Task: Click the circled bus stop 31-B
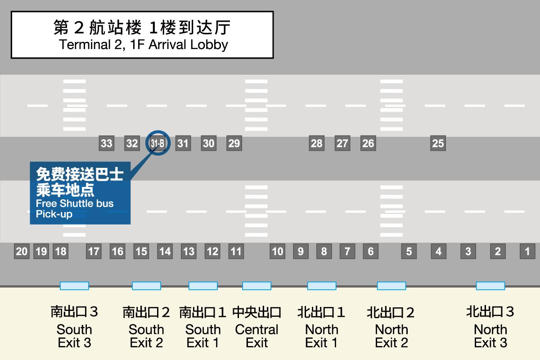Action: coord(157,143)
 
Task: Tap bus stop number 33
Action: coord(107,143)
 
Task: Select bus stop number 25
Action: coord(438,143)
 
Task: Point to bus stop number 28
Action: coord(316,143)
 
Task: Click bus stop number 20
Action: coord(22,251)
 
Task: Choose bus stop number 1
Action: coord(527,251)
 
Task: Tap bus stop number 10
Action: coord(278,251)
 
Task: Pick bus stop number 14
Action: coord(165,251)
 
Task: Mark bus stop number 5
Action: coord(409,251)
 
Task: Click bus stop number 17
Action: coord(94,251)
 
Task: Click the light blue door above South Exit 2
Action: coord(146,286)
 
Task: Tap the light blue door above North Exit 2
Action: coord(391,286)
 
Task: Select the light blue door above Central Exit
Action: coord(257,286)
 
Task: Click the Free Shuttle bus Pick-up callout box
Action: coord(80,193)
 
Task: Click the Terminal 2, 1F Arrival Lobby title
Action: coord(142,35)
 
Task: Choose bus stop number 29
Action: coord(234,143)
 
